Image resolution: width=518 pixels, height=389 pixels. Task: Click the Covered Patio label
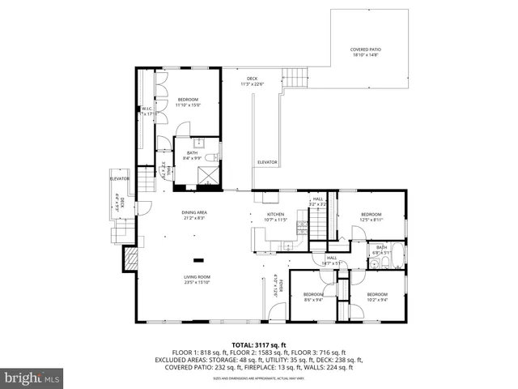click(366, 53)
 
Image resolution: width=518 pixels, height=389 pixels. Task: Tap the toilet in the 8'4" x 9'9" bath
click(209, 157)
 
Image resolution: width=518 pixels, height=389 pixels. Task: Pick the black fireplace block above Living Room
click(198, 260)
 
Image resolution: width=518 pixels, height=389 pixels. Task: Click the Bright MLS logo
click(32, 377)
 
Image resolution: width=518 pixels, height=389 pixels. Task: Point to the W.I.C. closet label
click(147, 112)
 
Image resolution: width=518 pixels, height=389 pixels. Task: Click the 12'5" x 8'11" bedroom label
click(371, 216)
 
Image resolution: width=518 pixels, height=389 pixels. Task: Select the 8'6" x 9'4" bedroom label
click(312, 296)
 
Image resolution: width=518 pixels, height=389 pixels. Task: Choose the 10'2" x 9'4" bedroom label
click(376, 296)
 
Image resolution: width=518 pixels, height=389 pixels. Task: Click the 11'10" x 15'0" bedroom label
click(188, 101)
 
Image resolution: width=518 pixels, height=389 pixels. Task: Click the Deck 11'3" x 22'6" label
click(253, 81)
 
